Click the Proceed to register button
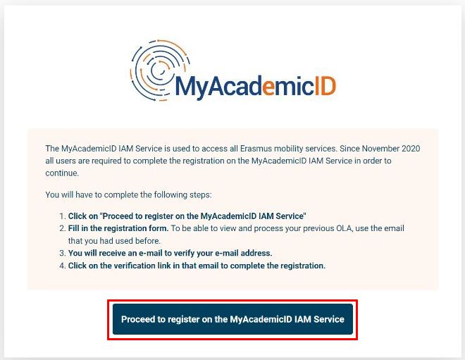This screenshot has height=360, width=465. (232, 319)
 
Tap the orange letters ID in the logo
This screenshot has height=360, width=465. (325, 86)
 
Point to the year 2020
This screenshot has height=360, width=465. (411, 148)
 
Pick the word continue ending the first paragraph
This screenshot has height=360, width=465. (62, 173)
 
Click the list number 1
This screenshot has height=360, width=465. (62, 216)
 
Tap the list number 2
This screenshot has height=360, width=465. (62, 229)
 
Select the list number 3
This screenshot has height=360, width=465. (62, 253)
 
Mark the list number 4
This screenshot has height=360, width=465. (62, 266)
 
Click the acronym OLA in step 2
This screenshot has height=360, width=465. (345, 229)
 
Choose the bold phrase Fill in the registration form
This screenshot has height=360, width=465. (118, 229)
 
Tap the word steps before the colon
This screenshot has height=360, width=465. (201, 195)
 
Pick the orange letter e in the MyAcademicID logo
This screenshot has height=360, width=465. (269, 88)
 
